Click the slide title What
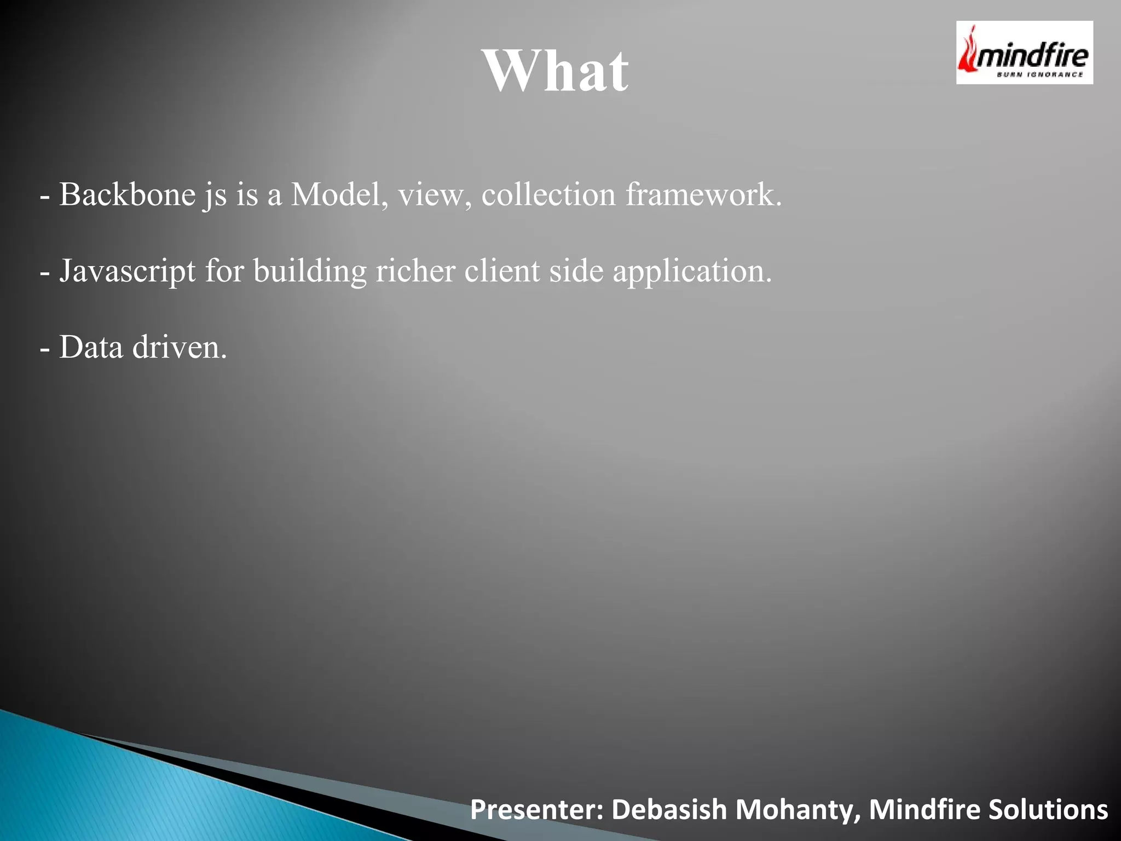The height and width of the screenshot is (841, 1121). coord(556,71)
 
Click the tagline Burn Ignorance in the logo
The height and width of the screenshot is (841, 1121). coord(1039,75)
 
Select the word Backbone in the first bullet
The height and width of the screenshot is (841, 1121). coord(127,194)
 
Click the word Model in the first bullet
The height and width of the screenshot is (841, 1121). coord(336,194)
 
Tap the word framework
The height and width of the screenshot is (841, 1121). coord(703,194)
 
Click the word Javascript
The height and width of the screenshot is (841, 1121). coord(127,271)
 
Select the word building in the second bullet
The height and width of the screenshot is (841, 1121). coord(310,271)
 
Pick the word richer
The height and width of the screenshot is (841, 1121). coord(415,271)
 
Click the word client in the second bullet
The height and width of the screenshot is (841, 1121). coord(502,271)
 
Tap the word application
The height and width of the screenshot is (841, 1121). coord(691,271)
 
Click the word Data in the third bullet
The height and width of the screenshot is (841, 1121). coord(91,347)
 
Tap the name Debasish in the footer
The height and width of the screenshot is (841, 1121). coord(669,810)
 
